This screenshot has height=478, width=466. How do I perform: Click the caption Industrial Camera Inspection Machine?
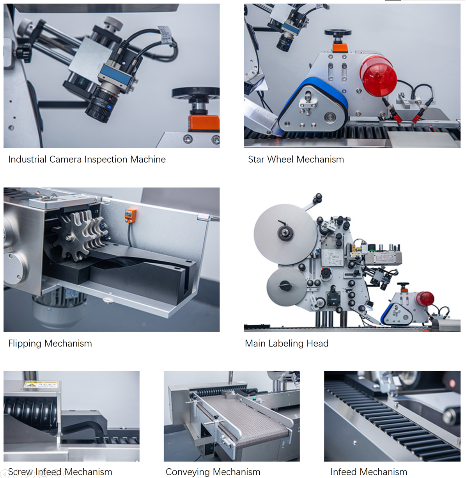(x=87, y=160)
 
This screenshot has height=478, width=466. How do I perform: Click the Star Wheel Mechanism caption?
(x=296, y=160)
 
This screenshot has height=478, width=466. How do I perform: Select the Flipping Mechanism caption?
(x=50, y=344)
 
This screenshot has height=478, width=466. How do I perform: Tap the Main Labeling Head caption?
(x=287, y=344)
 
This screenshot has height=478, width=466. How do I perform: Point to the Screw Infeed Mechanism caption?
(x=60, y=472)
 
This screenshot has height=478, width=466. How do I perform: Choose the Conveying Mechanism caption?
(x=213, y=472)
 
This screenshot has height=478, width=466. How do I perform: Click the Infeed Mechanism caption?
(x=369, y=472)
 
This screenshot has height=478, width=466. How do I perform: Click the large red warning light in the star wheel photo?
(x=379, y=77)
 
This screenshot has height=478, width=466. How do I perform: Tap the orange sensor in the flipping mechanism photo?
(x=130, y=215)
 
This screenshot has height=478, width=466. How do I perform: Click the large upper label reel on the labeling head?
(x=285, y=234)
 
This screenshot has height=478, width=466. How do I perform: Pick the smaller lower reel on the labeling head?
(x=286, y=287)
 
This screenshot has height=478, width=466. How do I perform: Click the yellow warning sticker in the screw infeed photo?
(x=41, y=384)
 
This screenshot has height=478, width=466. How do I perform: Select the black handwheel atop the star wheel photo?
(x=338, y=32)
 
